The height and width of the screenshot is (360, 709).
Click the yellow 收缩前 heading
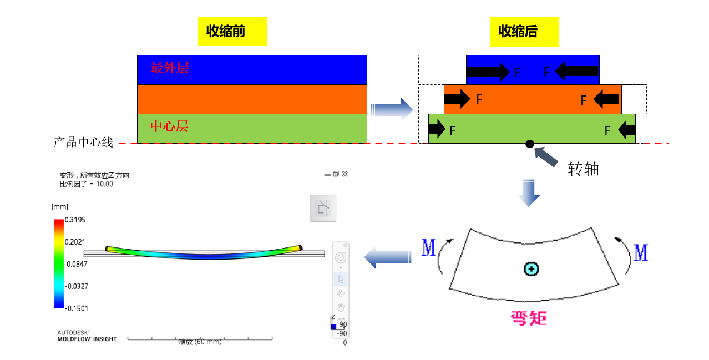[232, 31]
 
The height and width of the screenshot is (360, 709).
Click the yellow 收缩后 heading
[524, 31]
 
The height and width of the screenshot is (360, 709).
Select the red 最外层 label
[170, 68]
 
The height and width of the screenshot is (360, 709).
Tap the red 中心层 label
[169, 126]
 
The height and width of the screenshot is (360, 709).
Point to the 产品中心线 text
[83, 143]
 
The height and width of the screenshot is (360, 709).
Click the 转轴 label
[583, 169]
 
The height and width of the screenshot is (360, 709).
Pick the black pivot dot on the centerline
[530, 144]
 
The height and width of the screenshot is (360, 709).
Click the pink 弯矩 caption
[529, 318]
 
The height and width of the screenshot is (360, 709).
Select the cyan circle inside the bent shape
[531, 270]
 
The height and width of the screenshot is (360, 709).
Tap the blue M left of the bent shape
[428, 249]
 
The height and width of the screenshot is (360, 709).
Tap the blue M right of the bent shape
[641, 253]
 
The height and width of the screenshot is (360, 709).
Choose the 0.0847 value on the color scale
[77, 264]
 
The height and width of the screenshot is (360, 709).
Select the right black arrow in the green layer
[626, 130]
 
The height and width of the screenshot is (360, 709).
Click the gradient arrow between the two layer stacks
[392, 109]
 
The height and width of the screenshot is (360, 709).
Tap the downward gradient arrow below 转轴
[529, 192]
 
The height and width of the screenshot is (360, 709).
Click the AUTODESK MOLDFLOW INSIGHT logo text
[87, 336]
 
